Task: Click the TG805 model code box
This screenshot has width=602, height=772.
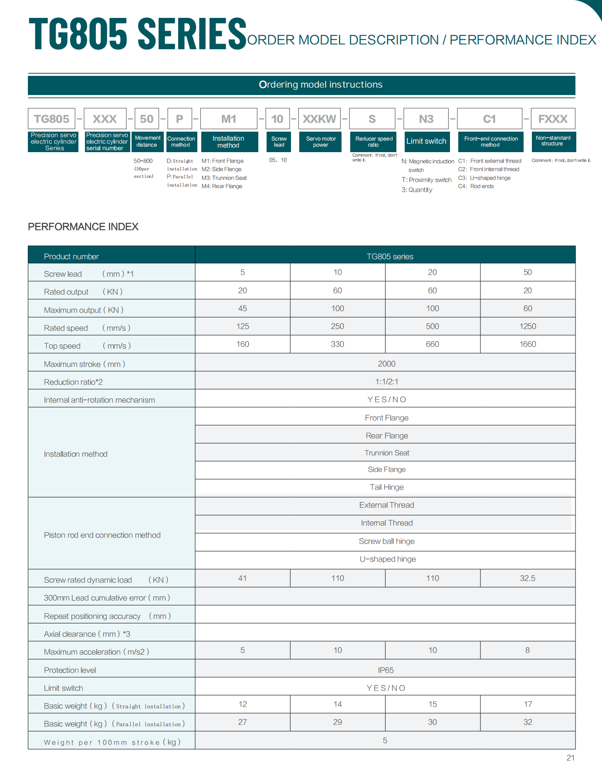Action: tap(51, 119)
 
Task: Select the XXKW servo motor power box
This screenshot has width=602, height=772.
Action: tap(319, 119)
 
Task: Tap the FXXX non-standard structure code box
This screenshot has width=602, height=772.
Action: tap(553, 119)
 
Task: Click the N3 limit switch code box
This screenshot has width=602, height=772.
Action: tap(426, 119)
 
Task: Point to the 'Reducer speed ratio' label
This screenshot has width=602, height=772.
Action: tap(374, 142)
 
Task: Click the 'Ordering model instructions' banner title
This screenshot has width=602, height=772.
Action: tap(321, 85)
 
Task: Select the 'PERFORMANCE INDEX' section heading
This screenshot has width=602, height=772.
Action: tap(83, 227)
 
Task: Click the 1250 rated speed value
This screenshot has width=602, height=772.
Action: tap(528, 326)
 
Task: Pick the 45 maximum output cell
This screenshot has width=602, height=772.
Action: tap(243, 308)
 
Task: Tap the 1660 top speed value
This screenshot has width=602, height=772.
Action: tap(528, 344)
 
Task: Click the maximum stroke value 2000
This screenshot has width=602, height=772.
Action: tap(386, 364)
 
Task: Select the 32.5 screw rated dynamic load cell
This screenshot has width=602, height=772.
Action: tap(528, 578)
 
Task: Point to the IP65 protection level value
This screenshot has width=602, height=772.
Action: tap(386, 670)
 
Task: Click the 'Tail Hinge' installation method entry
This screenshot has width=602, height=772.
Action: tap(386, 487)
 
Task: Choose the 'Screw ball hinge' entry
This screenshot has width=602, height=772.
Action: tap(386, 541)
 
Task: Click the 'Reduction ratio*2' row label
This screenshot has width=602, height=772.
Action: tap(73, 382)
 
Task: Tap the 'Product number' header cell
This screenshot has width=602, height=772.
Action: tap(71, 256)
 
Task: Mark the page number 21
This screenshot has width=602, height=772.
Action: tap(570, 758)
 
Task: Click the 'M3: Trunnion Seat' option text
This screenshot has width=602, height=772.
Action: tap(224, 178)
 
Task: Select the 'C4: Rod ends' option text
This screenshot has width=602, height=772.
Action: tap(476, 186)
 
